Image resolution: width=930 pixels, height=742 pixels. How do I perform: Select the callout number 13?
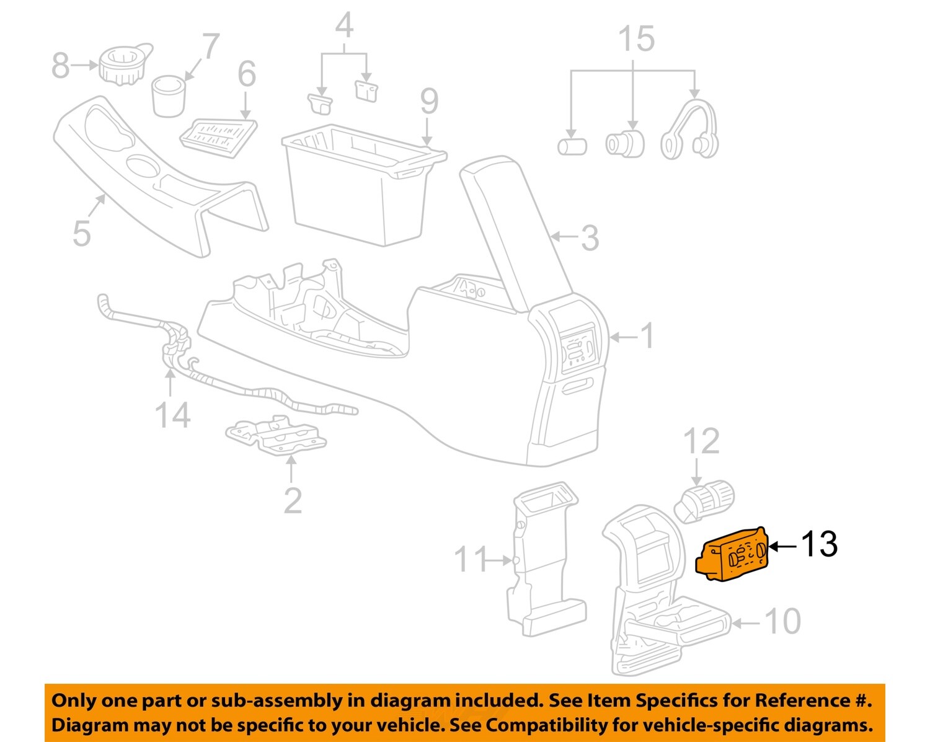click(x=819, y=544)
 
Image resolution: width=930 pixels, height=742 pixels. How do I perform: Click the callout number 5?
click(x=81, y=233)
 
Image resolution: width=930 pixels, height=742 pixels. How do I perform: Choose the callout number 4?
click(x=344, y=26)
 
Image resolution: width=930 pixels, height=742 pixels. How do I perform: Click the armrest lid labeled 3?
click(x=515, y=229)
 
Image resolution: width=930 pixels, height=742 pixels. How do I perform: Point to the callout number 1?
click(x=646, y=336)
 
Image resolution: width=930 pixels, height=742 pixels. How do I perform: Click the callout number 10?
click(x=782, y=621)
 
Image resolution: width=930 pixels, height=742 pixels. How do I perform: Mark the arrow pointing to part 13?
click(x=784, y=545)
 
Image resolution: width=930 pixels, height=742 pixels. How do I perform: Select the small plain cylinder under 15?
click(x=572, y=147)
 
